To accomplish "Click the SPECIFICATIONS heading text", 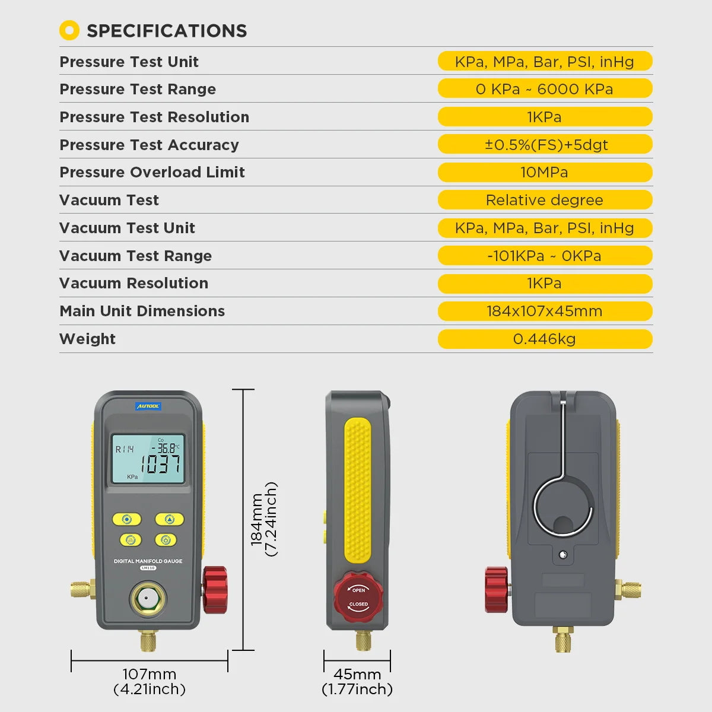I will [167, 31].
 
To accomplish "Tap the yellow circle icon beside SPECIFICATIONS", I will [69, 30].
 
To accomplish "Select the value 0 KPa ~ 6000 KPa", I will [545, 89].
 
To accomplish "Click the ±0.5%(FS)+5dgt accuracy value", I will [545, 145].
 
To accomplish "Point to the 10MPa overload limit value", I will [545, 172].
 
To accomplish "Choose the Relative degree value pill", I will [545, 200].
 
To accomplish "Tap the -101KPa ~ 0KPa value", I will [545, 256].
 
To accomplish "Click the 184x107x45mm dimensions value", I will [545, 311].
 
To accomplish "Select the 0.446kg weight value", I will [545, 339].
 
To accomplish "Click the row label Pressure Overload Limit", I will [152, 172].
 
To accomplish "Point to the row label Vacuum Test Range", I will [135, 256].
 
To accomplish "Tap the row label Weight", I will [87, 339].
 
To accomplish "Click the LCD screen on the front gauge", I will [148, 459].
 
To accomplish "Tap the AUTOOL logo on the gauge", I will [148, 406].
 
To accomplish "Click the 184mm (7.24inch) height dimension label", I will [263, 519].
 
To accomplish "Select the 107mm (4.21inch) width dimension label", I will [150, 681].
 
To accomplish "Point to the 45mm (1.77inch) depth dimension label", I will [357, 681].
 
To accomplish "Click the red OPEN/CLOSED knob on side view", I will [358, 597].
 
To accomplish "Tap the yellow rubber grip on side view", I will [357, 490].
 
